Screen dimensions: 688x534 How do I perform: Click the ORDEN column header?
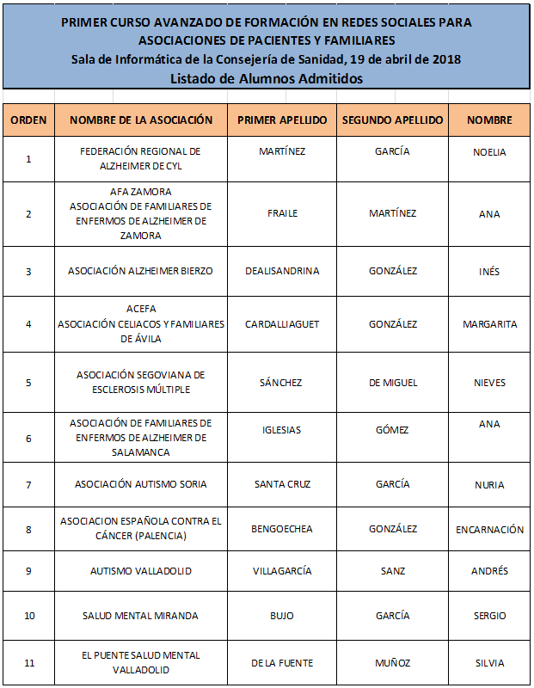(28, 120)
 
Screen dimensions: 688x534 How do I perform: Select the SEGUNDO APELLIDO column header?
(392, 120)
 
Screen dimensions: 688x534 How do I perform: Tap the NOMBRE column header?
(489, 120)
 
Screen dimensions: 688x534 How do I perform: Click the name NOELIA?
(489, 152)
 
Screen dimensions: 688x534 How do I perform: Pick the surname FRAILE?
(282, 213)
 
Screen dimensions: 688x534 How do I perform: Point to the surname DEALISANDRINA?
(282, 271)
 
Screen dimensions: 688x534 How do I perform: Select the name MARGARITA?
(489, 324)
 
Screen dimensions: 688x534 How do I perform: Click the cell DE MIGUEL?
(392, 382)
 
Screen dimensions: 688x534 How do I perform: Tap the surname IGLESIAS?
(282, 430)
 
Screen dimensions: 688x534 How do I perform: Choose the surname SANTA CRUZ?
(282, 484)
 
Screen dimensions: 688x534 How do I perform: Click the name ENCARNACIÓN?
(489, 530)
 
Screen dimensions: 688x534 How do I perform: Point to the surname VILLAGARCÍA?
(282, 571)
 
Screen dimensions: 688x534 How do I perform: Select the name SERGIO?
(489, 616)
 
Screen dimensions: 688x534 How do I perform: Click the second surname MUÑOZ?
(392, 663)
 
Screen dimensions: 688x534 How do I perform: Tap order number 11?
(28, 663)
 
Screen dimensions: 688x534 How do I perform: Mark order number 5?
(28, 383)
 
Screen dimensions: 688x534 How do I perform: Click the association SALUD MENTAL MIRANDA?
(140, 616)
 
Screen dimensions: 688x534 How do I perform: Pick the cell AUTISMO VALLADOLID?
(140, 571)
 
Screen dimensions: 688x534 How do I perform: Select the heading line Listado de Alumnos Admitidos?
(266, 77)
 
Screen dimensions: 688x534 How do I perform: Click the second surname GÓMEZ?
(392, 430)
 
